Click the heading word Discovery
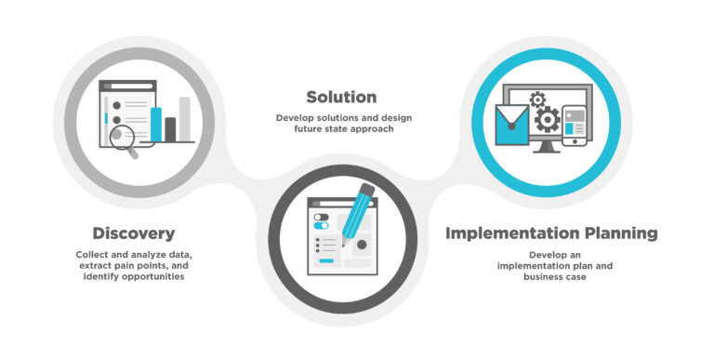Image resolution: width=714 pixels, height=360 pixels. [x=134, y=233]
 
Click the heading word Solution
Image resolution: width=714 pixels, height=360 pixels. [x=341, y=98]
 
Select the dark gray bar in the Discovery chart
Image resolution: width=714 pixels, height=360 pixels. [x=170, y=129]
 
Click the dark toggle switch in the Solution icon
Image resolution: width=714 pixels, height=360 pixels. [x=322, y=216]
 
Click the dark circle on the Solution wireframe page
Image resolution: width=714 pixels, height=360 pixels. [x=362, y=245]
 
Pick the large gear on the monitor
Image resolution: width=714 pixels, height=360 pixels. [x=549, y=119]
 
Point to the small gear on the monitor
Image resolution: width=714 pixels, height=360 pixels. [x=537, y=99]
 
